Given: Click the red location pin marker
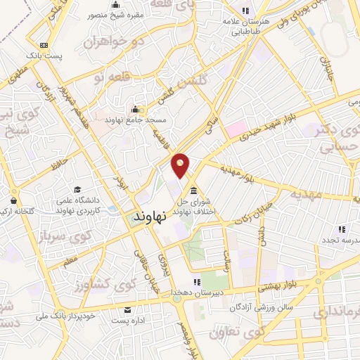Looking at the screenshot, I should tap(181, 164).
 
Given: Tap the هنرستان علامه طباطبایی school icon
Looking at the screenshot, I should tap(245, 11).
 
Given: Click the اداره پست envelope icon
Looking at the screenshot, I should tap(127, 309).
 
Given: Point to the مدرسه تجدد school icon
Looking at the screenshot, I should tap(342, 229).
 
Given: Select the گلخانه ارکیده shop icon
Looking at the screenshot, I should tap(13, 200).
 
